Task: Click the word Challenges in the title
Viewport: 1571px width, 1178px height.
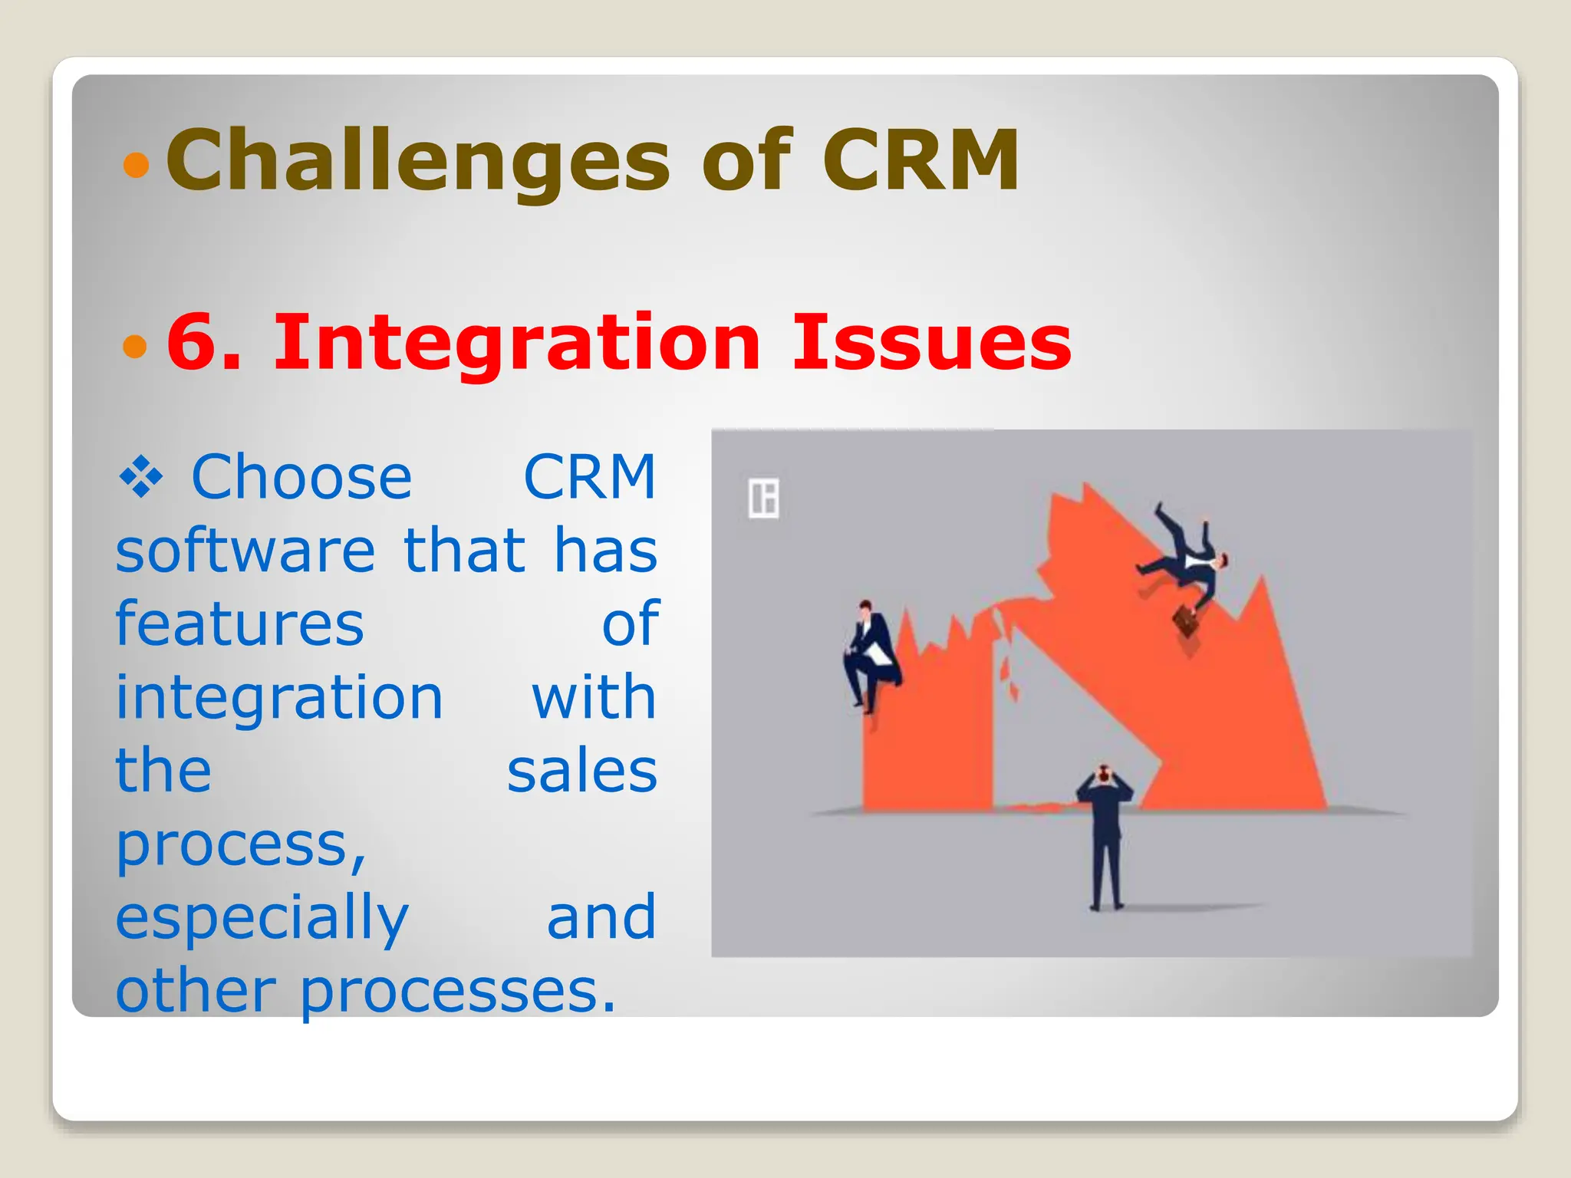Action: point(418,161)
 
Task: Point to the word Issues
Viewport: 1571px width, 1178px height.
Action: point(931,343)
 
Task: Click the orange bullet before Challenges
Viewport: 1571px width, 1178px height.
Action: point(136,165)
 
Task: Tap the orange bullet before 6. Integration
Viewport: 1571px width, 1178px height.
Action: point(135,346)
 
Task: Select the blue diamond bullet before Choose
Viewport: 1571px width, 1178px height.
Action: point(141,479)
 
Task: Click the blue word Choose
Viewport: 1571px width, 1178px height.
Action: point(301,478)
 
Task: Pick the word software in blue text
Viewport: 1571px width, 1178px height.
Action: point(245,551)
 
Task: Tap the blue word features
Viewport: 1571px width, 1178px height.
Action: point(239,624)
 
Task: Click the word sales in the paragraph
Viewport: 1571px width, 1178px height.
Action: point(581,771)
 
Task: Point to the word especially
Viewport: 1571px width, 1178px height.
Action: point(262,918)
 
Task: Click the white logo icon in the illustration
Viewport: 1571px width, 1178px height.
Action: point(763,499)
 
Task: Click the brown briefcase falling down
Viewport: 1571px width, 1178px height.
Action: point(1186,621)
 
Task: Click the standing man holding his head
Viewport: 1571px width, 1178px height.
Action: point(1105,836)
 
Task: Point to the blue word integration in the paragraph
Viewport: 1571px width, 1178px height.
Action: point(279,697)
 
